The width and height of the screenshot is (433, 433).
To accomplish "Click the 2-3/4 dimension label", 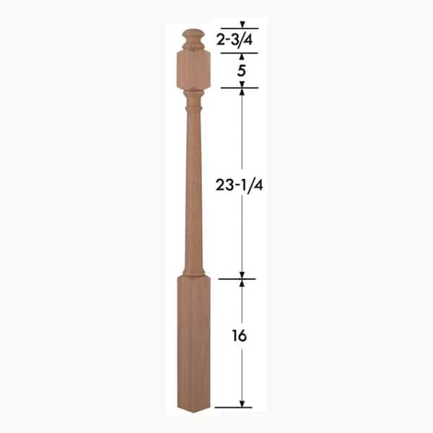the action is [x=235, y=40].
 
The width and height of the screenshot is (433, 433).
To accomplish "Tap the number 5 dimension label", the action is [x=241, y=71].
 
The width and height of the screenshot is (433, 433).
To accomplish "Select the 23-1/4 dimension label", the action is [x=239, y=185].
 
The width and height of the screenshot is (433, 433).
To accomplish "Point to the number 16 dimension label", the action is [x=239, y=336].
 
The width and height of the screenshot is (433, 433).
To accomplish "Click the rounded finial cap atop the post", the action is [x=193, y=40].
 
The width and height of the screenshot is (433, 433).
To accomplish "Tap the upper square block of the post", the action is [x=193, y=69].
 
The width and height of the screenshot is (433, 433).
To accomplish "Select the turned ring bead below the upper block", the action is [x=193, y=108].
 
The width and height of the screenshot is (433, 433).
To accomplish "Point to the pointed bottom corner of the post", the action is [x=194, y=412].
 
